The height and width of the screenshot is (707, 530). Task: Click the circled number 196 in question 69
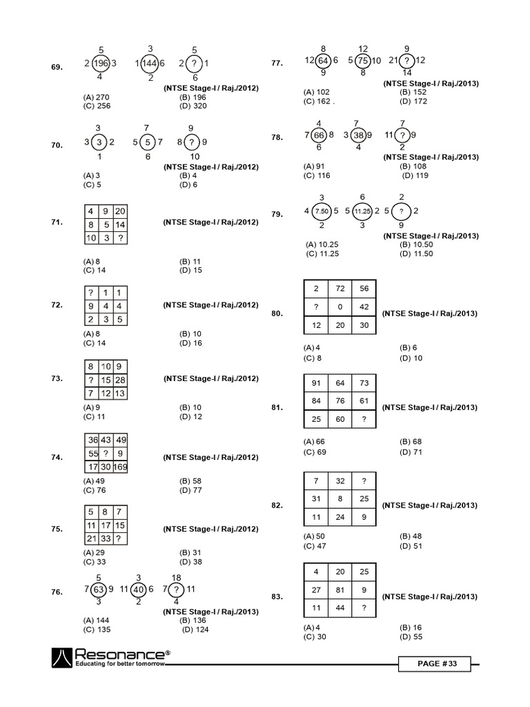[x=101, y=64]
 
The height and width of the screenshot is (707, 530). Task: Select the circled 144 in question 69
[x=150, y=64]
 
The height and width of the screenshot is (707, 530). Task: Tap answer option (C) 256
[x=97, y=106]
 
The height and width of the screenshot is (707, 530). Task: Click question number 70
[x=57, y=146]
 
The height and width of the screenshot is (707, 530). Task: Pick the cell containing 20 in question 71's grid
[x=120, y=211]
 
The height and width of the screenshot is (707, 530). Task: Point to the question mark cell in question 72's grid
[x=90, y=293]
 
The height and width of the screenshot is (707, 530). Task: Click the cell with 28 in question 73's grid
[x=120, y=380]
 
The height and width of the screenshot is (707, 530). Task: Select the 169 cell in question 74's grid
[x=120, y=467]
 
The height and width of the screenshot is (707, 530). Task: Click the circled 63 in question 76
[x=99, y=590]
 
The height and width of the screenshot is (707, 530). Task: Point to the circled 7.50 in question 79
[x=322, y=211]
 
